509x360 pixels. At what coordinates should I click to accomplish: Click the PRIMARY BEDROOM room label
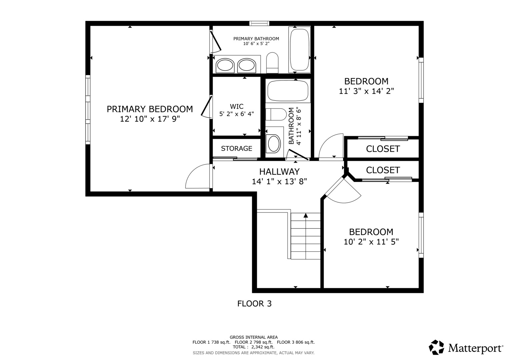coord(150,109)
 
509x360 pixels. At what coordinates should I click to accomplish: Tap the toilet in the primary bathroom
coord(272,63)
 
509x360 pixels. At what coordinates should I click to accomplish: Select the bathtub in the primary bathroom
coord(299,50)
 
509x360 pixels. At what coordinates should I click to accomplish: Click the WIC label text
coord(237,106)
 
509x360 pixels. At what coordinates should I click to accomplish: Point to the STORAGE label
coord(237,148)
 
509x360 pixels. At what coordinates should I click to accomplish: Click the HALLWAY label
coord(279,172)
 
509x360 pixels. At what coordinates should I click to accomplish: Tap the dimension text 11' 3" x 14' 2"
coord(366,91)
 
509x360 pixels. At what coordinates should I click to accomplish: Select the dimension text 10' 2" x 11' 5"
coord(371,242)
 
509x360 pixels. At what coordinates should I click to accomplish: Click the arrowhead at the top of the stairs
coord(306,215)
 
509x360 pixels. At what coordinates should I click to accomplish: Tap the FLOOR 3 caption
coord(254,304)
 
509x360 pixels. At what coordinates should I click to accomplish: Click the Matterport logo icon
coord(436,347)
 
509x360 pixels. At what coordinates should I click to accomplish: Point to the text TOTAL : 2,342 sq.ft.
coord(254,347)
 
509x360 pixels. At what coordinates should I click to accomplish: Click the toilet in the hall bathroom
coord(276,114)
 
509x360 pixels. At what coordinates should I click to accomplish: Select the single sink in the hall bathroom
coord(274,144)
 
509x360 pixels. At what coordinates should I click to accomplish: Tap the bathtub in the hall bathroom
coord(288,91)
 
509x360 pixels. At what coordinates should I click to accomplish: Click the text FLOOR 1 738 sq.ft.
coord(211,342)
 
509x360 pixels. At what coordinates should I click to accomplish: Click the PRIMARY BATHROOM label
coord(256,39)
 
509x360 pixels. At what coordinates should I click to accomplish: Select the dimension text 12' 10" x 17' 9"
coord(150,119)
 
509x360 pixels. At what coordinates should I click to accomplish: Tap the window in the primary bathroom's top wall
coord(259,23)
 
